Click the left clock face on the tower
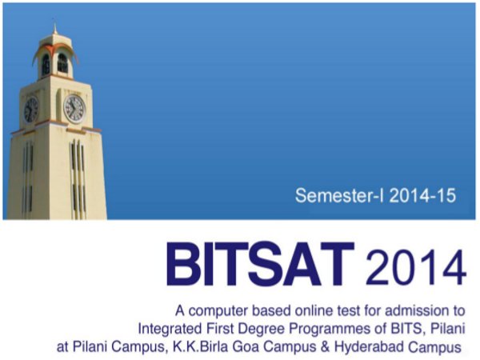pos(30,110)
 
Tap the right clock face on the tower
pos(74,107)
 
